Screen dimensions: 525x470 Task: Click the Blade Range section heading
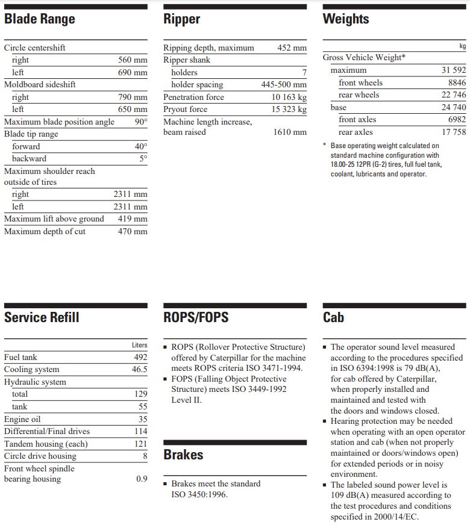tap(40, 19)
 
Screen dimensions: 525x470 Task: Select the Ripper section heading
tap(181, 19)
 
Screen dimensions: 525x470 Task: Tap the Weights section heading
tap(346, 19)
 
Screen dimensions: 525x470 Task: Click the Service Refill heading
tap(42, 317)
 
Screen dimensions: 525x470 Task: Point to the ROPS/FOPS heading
tap(196, 317)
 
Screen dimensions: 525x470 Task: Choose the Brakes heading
tap(183, 455)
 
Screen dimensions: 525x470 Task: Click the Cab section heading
tap(333, 317)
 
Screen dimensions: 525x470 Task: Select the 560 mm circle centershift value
tap(133, 60)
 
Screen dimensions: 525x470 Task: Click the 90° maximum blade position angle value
tap(141, 122)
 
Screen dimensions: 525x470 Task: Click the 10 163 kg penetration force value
tap(289, 98)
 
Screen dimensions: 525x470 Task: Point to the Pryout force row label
tap(185, 110)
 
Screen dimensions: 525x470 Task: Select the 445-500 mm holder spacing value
tap(283, 85)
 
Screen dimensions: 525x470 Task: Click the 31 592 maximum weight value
tap(453, 70)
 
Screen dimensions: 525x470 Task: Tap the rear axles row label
tap(356, 132)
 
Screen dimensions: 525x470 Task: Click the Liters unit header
tap(139, 346)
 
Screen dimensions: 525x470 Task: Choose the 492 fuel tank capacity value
tap(140, 357)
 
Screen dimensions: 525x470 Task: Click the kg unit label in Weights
tap(462, 46)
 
